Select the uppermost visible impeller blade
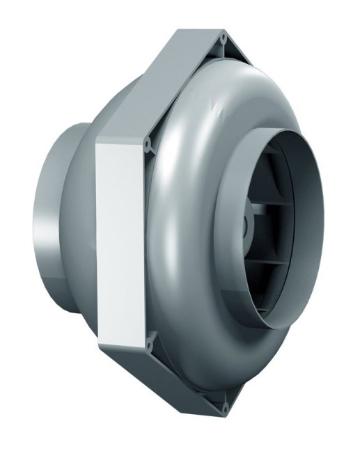(279, 167)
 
